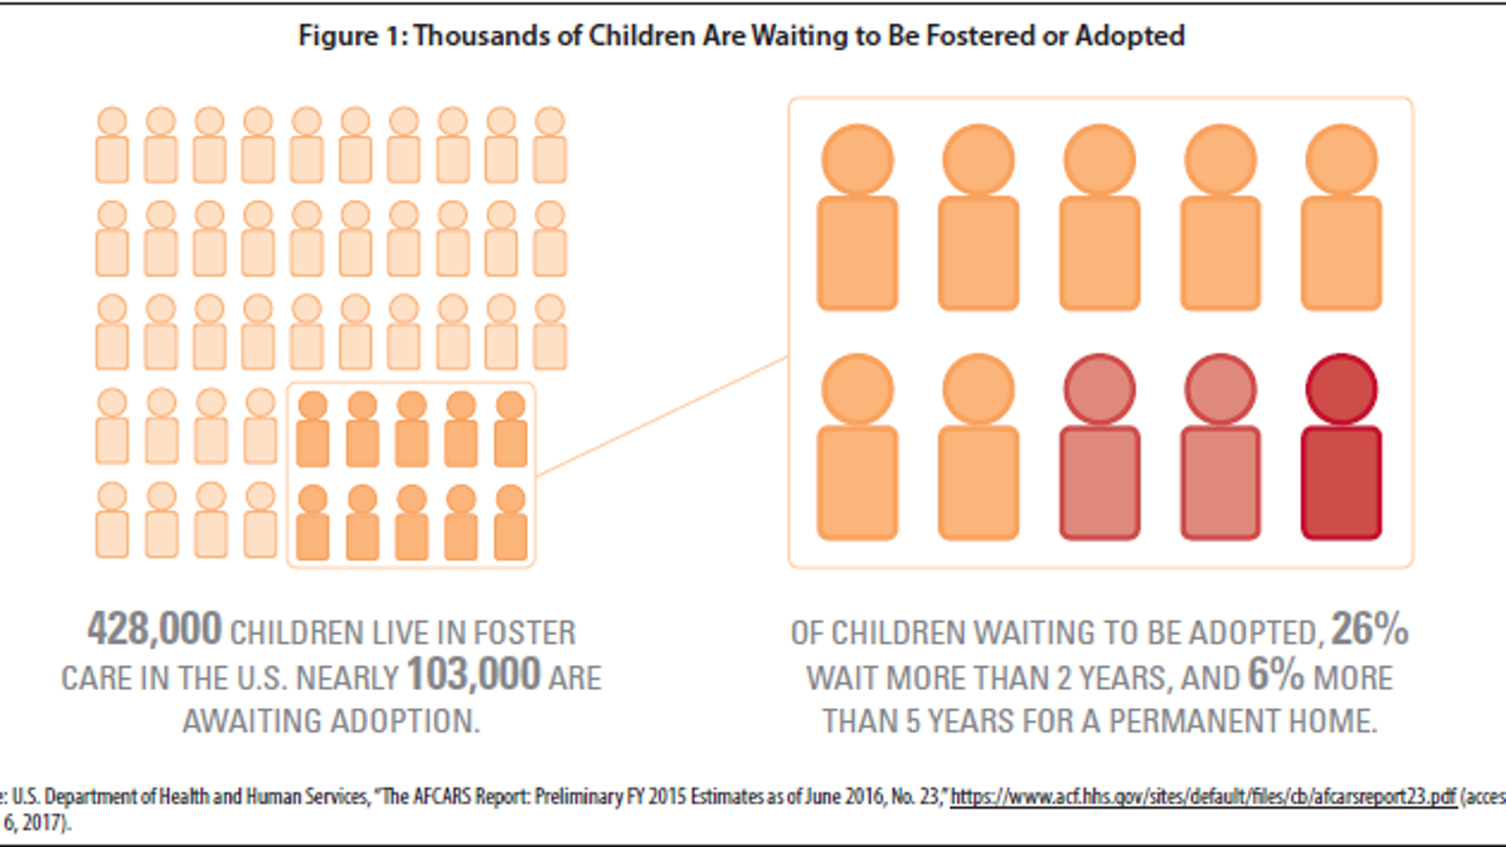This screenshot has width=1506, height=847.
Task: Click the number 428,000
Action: pyautogui.click(x=154, y=630)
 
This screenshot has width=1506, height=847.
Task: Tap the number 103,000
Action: pyautogui.click(x=473, y=675)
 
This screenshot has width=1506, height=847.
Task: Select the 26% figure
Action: pyautogui.click(x=1369, y=630)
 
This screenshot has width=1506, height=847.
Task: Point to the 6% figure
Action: pyautogui.click(x=1275, y=675)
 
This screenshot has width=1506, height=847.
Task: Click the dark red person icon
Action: pyautogui.click(x=1341, y=449)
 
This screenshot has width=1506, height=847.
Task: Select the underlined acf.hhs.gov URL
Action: pyautogui.click(x=1203, y=796)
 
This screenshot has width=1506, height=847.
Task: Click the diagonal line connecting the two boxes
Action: pyautogui.click(x=661, y=416)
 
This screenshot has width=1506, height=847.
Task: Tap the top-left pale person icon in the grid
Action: pyautogui.click(x=112, y=146)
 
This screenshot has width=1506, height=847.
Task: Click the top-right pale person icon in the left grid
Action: pyautogui.click(x=549, y=146)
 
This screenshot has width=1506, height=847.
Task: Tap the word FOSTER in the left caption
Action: pyautogui.click(x=524, y=633)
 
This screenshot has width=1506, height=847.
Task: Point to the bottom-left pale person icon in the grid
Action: pyautogui.click(x=112, y=520)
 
